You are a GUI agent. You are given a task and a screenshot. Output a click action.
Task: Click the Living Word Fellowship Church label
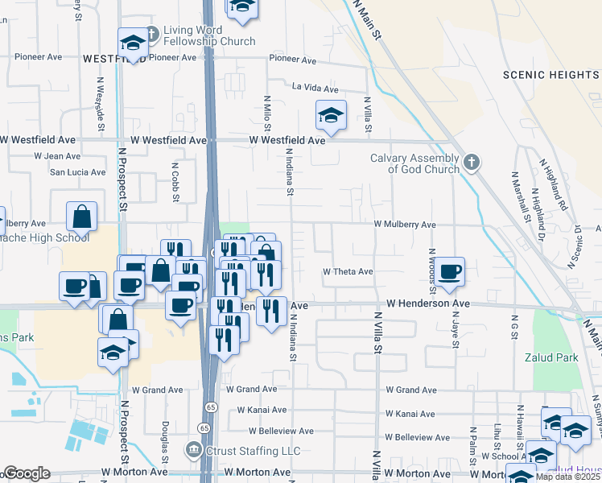click(x=208, y=36)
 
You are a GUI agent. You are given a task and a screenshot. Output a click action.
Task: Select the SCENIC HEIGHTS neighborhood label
click(x=550, y=75)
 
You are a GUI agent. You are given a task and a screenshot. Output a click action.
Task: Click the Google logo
click(x=26, y=473)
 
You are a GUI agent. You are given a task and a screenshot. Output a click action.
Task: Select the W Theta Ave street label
click(x=348, y=272)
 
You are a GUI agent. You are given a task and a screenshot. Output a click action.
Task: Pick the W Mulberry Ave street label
click(x=404, y=225)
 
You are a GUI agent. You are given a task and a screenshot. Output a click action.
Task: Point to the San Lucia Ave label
click(x=77, y=172)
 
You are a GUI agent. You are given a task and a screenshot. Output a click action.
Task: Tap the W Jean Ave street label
click(x=56, y=156)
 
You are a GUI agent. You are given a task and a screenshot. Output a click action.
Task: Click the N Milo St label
click(x=267, y=113)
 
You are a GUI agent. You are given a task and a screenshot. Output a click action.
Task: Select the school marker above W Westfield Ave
click(x=330, y=117)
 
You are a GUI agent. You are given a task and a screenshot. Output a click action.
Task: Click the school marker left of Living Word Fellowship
click(x=133, y=43)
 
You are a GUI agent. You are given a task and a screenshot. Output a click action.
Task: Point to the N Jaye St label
click(x=456, y=332)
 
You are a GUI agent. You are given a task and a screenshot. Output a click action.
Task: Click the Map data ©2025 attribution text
click(x=568, y=477)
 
